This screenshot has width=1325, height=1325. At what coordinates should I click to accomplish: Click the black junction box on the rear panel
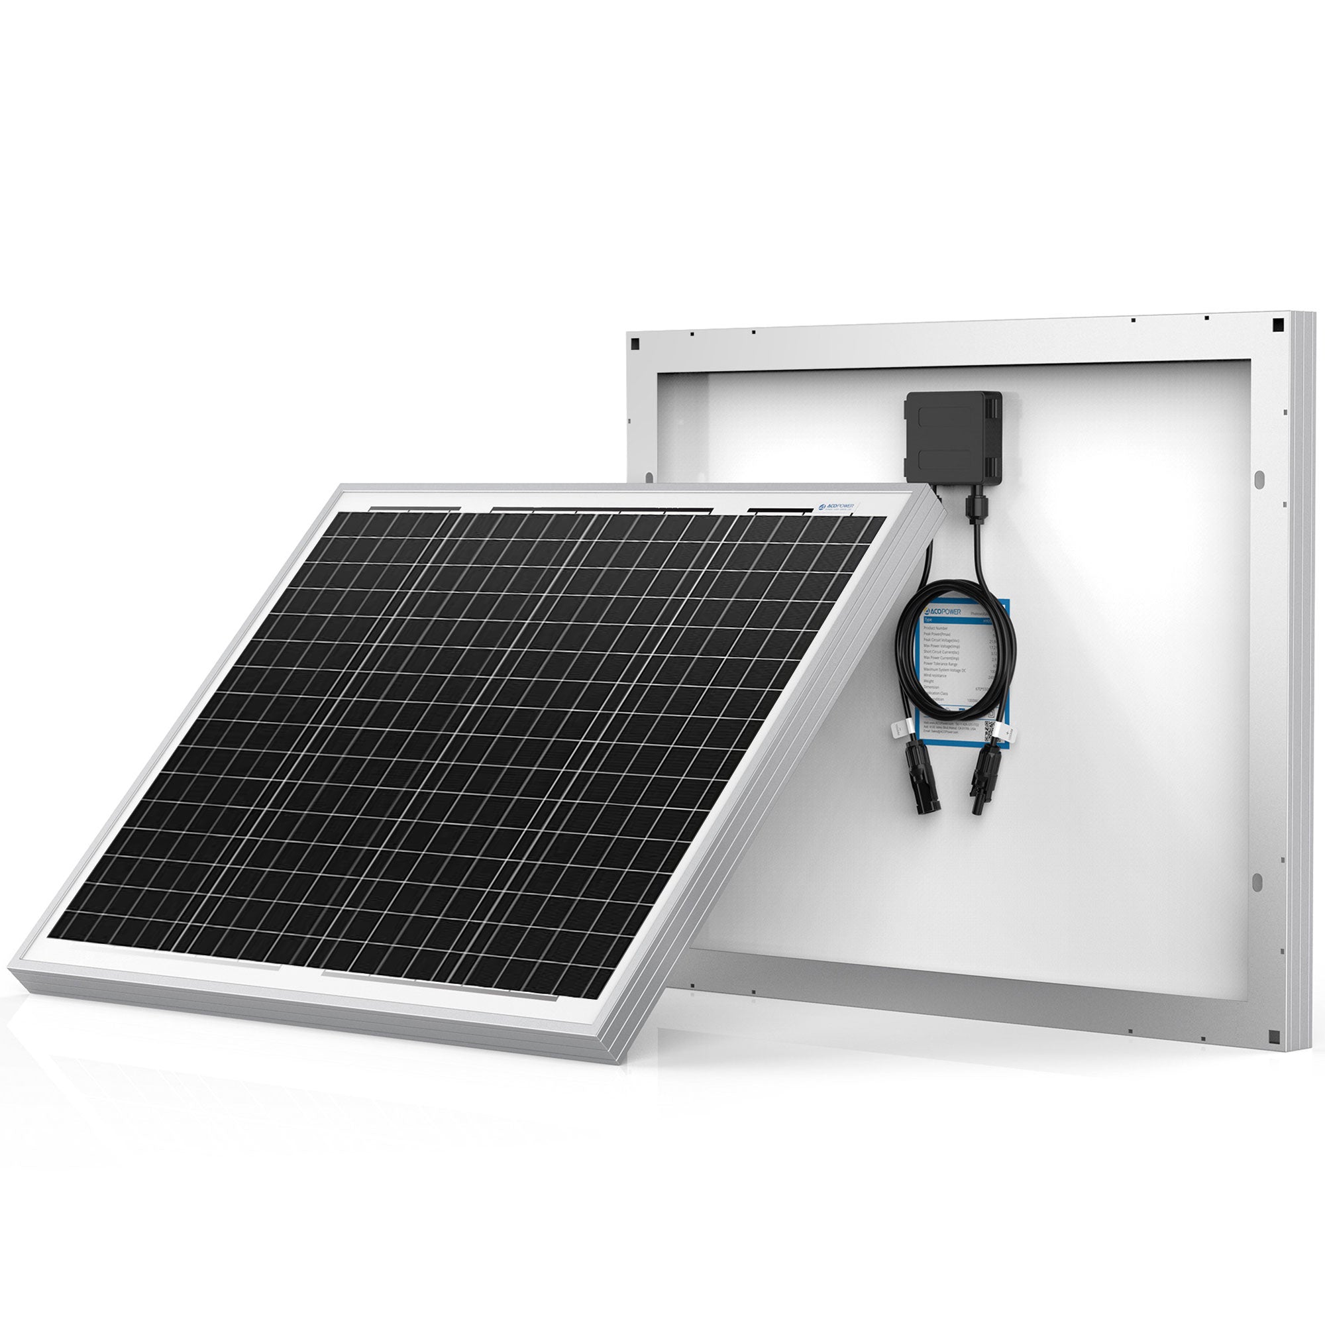[956, 439]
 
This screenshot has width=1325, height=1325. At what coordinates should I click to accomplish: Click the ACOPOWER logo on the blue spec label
[943, 610]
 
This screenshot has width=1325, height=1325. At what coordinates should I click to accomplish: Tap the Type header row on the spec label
[960, 619]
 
